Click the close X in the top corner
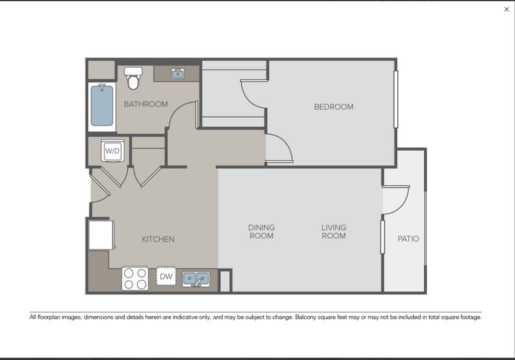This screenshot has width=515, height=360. tap(506, 10)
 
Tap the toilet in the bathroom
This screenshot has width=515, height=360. tap(133, 78)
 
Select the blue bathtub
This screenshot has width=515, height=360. tap(101, 106)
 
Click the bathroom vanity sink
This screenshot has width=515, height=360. tap(178, 73)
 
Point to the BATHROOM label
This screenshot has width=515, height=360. tap(145, 104)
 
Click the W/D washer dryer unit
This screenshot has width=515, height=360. tap(113, 151)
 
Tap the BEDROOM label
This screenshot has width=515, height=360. tap(333, 107)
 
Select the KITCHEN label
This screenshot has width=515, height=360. tap(158, 240)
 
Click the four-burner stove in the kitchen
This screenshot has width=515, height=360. tap(135, 278)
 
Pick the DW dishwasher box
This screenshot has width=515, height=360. tap(166, 277)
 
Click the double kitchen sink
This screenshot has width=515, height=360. tap(196, 279)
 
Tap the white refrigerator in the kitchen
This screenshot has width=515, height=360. tap(101, 235)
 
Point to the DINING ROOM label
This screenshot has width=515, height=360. tap(261, 232)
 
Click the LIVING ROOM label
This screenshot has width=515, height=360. tap(333, 232)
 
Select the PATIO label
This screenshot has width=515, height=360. tap(408, 239)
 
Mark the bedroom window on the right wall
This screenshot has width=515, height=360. tap(396, 99)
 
